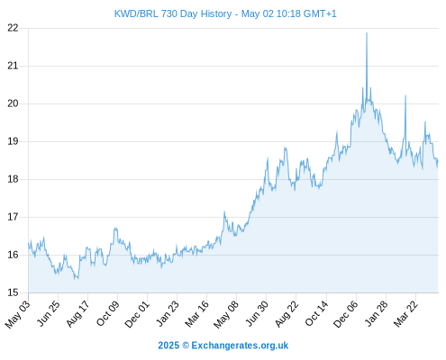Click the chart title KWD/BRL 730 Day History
tap(173, 13)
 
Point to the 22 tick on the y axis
tap(13, 28)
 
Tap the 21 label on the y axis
tap(13, 66)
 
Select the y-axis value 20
tap(13, 103)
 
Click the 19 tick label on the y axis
tap(13, 141)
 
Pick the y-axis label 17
tap(13, 217)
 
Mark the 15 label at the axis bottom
tap(13, 292)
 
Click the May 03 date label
tap(17, 314)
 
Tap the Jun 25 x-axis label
tap(48, 313)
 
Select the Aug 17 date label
tap(77, 313)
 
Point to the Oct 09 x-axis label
tap(107, 313)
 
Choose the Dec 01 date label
tap(137, 314)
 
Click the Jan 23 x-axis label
tap(168, 313)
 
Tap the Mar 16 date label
tap(196, 313)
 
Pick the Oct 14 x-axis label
tap(316, 313)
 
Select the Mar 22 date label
tap(405, 313)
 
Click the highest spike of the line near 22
tap(367, 33)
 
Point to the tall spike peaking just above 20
tap(405, 95)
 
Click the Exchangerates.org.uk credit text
tap(240, 346)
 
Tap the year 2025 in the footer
tap(168, 346)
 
